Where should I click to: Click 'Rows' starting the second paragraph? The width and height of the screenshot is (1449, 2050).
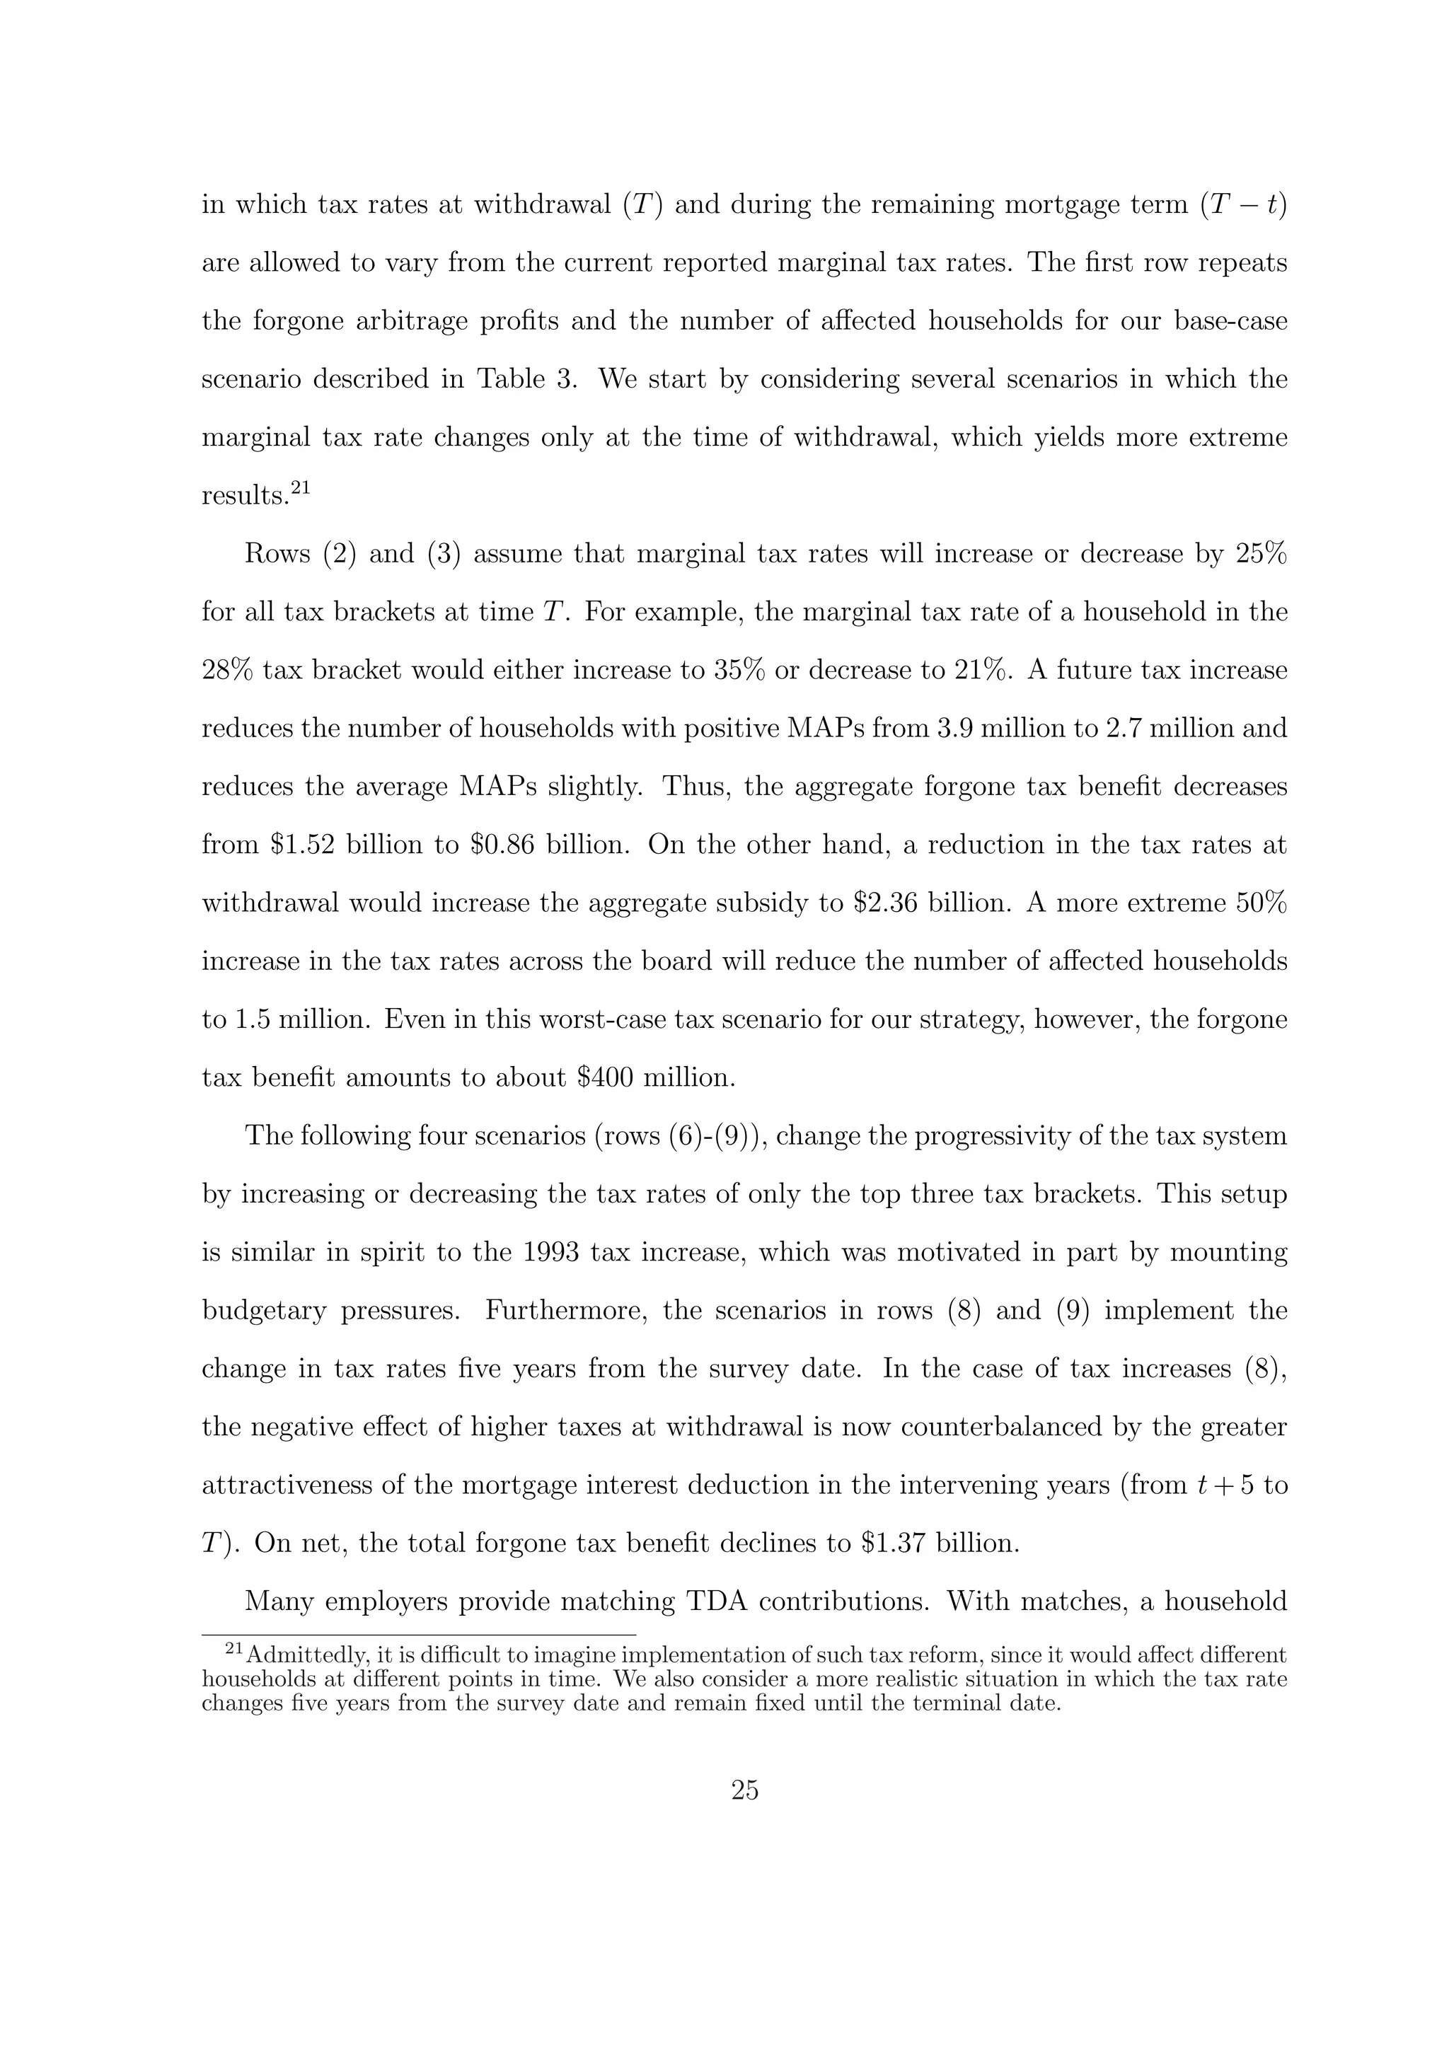point(277,555)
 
